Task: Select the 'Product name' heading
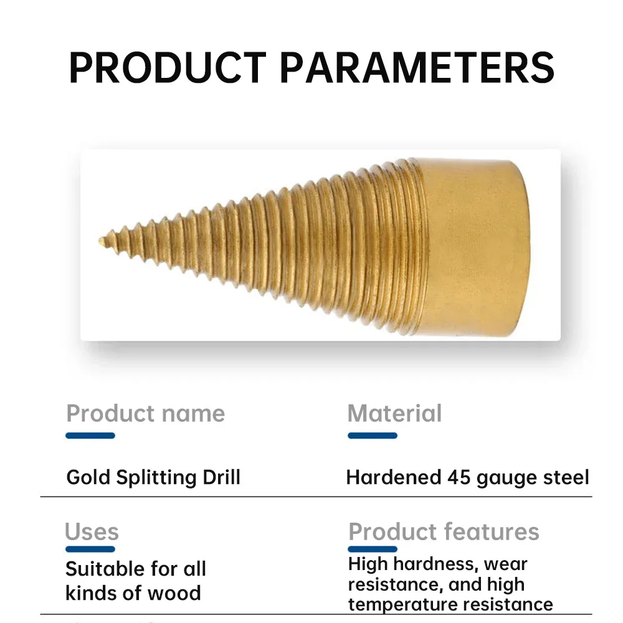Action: [x=145, y=414]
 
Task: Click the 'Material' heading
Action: [x=394, y=413]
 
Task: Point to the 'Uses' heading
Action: [x=92, y=531]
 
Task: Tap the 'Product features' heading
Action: [x=444, y=531]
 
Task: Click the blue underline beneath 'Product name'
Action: [x=90, y=435]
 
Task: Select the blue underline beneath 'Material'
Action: [x=373, y=435]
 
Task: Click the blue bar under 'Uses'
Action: [x=90, y=549]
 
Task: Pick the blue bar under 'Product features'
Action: [x=373, y=549]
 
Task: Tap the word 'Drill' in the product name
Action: [x=222, y=477]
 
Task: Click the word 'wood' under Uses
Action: [x=174, y=593]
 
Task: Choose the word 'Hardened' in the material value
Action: [x=394, y=477]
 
